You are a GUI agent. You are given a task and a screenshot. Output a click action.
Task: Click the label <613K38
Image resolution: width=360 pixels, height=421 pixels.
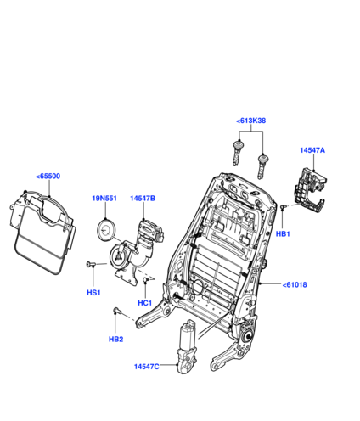pos(251,121)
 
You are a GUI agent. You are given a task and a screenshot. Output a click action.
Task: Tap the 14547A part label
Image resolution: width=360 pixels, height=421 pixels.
pos(312,150)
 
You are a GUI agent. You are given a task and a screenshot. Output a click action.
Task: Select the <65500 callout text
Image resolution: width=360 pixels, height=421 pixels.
pos(48,176)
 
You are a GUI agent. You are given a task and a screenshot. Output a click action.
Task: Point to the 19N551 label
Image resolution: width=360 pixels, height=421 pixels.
pos(104,199)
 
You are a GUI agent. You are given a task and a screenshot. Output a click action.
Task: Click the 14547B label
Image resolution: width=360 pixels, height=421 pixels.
pos(143,199)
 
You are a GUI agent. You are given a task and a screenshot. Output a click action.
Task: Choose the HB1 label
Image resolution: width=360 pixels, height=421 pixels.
pos(283,234)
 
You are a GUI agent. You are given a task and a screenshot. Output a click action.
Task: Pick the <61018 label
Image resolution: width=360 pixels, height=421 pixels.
pos(295,284)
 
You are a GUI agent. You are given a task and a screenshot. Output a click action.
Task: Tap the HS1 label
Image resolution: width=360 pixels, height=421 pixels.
pos(93,293)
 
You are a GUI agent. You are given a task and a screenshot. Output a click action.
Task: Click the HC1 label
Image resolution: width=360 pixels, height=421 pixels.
pos(145,303)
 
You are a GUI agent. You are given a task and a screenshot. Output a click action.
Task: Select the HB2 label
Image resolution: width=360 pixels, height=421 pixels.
pos(116,339)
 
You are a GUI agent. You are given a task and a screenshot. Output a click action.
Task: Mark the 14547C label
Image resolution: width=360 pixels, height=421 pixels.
pos(147,367)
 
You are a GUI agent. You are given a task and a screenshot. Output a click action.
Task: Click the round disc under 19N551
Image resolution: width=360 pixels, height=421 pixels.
pos(106,229)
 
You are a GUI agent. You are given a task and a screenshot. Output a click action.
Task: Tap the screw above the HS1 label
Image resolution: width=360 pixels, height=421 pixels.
pos(91,265)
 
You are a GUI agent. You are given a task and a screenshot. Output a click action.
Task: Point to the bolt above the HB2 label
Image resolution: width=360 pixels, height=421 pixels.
pos(116,311)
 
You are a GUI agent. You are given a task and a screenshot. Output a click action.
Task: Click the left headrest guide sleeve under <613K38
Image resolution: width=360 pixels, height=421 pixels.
pos(238,153)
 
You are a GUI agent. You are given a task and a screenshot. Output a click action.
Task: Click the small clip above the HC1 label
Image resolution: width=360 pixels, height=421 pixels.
pos(146,280)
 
